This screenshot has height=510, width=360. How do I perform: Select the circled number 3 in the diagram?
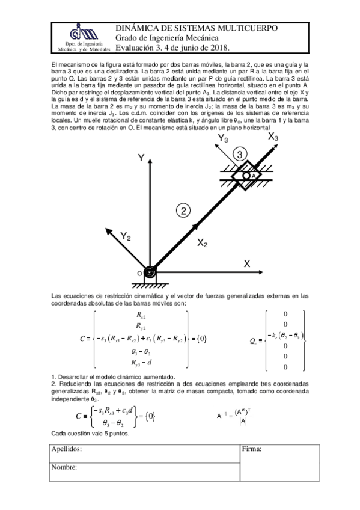(240, 155)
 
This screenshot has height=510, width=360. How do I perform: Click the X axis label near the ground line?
(247, 263)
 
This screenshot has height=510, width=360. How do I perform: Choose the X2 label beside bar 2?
(203, 244)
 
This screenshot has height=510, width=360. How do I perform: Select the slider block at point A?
(247, 175)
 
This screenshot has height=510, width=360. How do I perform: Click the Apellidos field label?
(66, 449)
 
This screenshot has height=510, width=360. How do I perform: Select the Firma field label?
(255, 449)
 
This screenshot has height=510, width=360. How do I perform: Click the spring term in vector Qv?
(285, 335)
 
